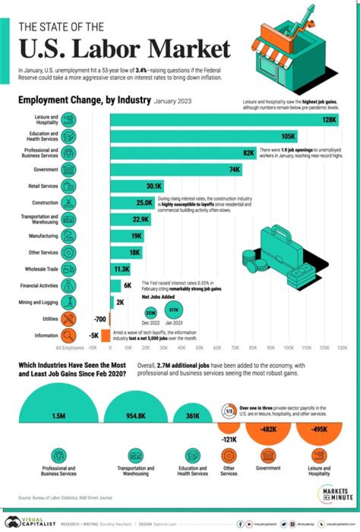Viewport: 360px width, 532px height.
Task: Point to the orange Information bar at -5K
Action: coord(105,335)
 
